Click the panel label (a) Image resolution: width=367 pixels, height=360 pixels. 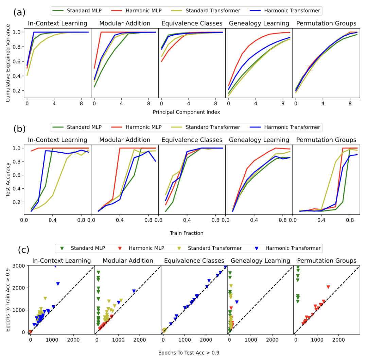click(x=19, y=13)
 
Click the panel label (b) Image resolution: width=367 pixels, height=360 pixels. click(x=19, y=129)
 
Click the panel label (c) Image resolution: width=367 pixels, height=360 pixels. click(x=24, y=250)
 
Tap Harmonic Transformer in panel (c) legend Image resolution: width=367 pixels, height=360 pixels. click(x=292, y=248)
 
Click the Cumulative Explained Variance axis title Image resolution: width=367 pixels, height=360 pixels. click(x=8, y=62)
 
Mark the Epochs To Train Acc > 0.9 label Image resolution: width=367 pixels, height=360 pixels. click(x=8, y=299)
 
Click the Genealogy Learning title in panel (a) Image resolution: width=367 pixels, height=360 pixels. click(x=259, y=23)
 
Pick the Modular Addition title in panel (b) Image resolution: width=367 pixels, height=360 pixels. click(x=125, y=140)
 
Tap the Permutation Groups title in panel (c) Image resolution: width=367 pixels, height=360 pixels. click(x=326, y=261)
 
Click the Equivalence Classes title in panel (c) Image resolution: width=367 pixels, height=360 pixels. click(x=193, y=261)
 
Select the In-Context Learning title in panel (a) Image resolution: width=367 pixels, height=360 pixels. click(x=57, y=23)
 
